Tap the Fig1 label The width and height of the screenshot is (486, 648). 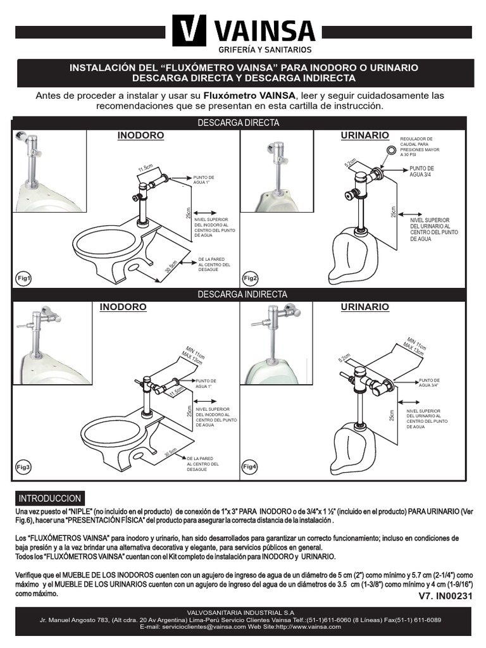(x=24, y=278)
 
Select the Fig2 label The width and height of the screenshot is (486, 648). (x=251, y=278)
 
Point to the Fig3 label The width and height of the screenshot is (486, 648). (x=24, y=466)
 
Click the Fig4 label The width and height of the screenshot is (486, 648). (x=251, y=466)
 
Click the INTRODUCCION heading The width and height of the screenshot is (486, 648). (x=50, y=498)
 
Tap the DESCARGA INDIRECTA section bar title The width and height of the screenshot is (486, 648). (x=242, y=294)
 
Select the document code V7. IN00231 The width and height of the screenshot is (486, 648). (x=445, y=596)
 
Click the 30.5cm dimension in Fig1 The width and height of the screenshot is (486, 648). (x=170, y=266)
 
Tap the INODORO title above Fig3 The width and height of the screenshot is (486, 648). (x=123, y=307)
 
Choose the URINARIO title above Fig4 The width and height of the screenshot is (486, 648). (x=364, y=307)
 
